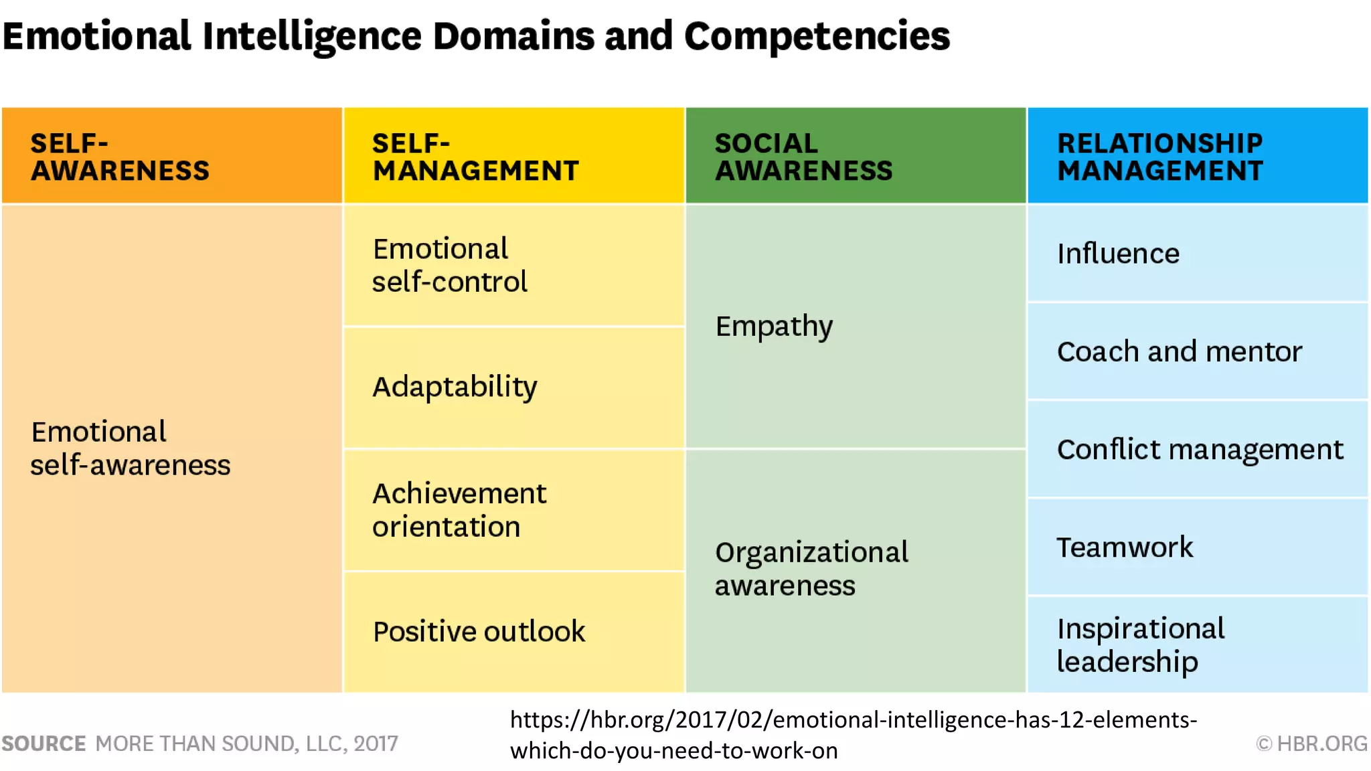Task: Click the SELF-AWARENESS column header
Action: (x=172, y=156)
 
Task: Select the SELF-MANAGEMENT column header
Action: (x=513, y=156)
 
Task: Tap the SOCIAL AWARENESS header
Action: (x=856, y=156)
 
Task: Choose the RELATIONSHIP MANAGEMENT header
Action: (x=1198, y=156)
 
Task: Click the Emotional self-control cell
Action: (x=513, y=265)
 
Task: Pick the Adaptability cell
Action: (x=513, y=387)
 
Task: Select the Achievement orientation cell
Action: (x=513, y=510)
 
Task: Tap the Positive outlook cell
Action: (x=513, y=632)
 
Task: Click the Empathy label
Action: (x=774, y=327)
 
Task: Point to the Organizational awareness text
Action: (x=811, y=569)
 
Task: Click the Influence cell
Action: (x=1198, y=254)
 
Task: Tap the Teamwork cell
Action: (x=1198, y=547)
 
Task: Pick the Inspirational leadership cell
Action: (x=1198, y=645)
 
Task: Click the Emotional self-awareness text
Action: (x=131, y=448)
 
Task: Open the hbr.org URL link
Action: (x=853, y=735)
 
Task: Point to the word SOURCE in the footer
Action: (x=44, y=744)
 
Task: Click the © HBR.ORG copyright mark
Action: (x=1311, y=744)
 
